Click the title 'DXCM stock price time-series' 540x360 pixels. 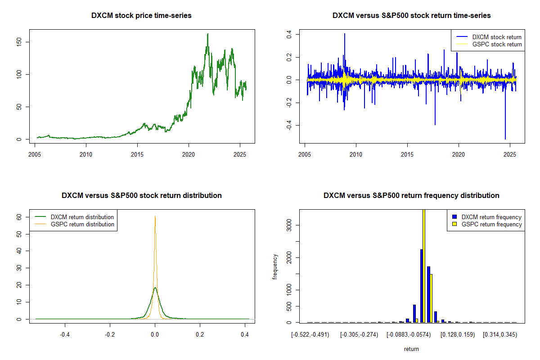point(141,16)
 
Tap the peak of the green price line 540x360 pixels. point(207,34)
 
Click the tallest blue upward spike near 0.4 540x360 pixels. point(345,34)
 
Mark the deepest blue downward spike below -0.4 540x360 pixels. point(505,139)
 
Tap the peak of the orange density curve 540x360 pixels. point(155,216)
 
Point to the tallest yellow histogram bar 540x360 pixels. point(424,265)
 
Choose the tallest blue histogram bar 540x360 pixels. point(422,286)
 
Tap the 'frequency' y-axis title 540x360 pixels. point(275,266)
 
